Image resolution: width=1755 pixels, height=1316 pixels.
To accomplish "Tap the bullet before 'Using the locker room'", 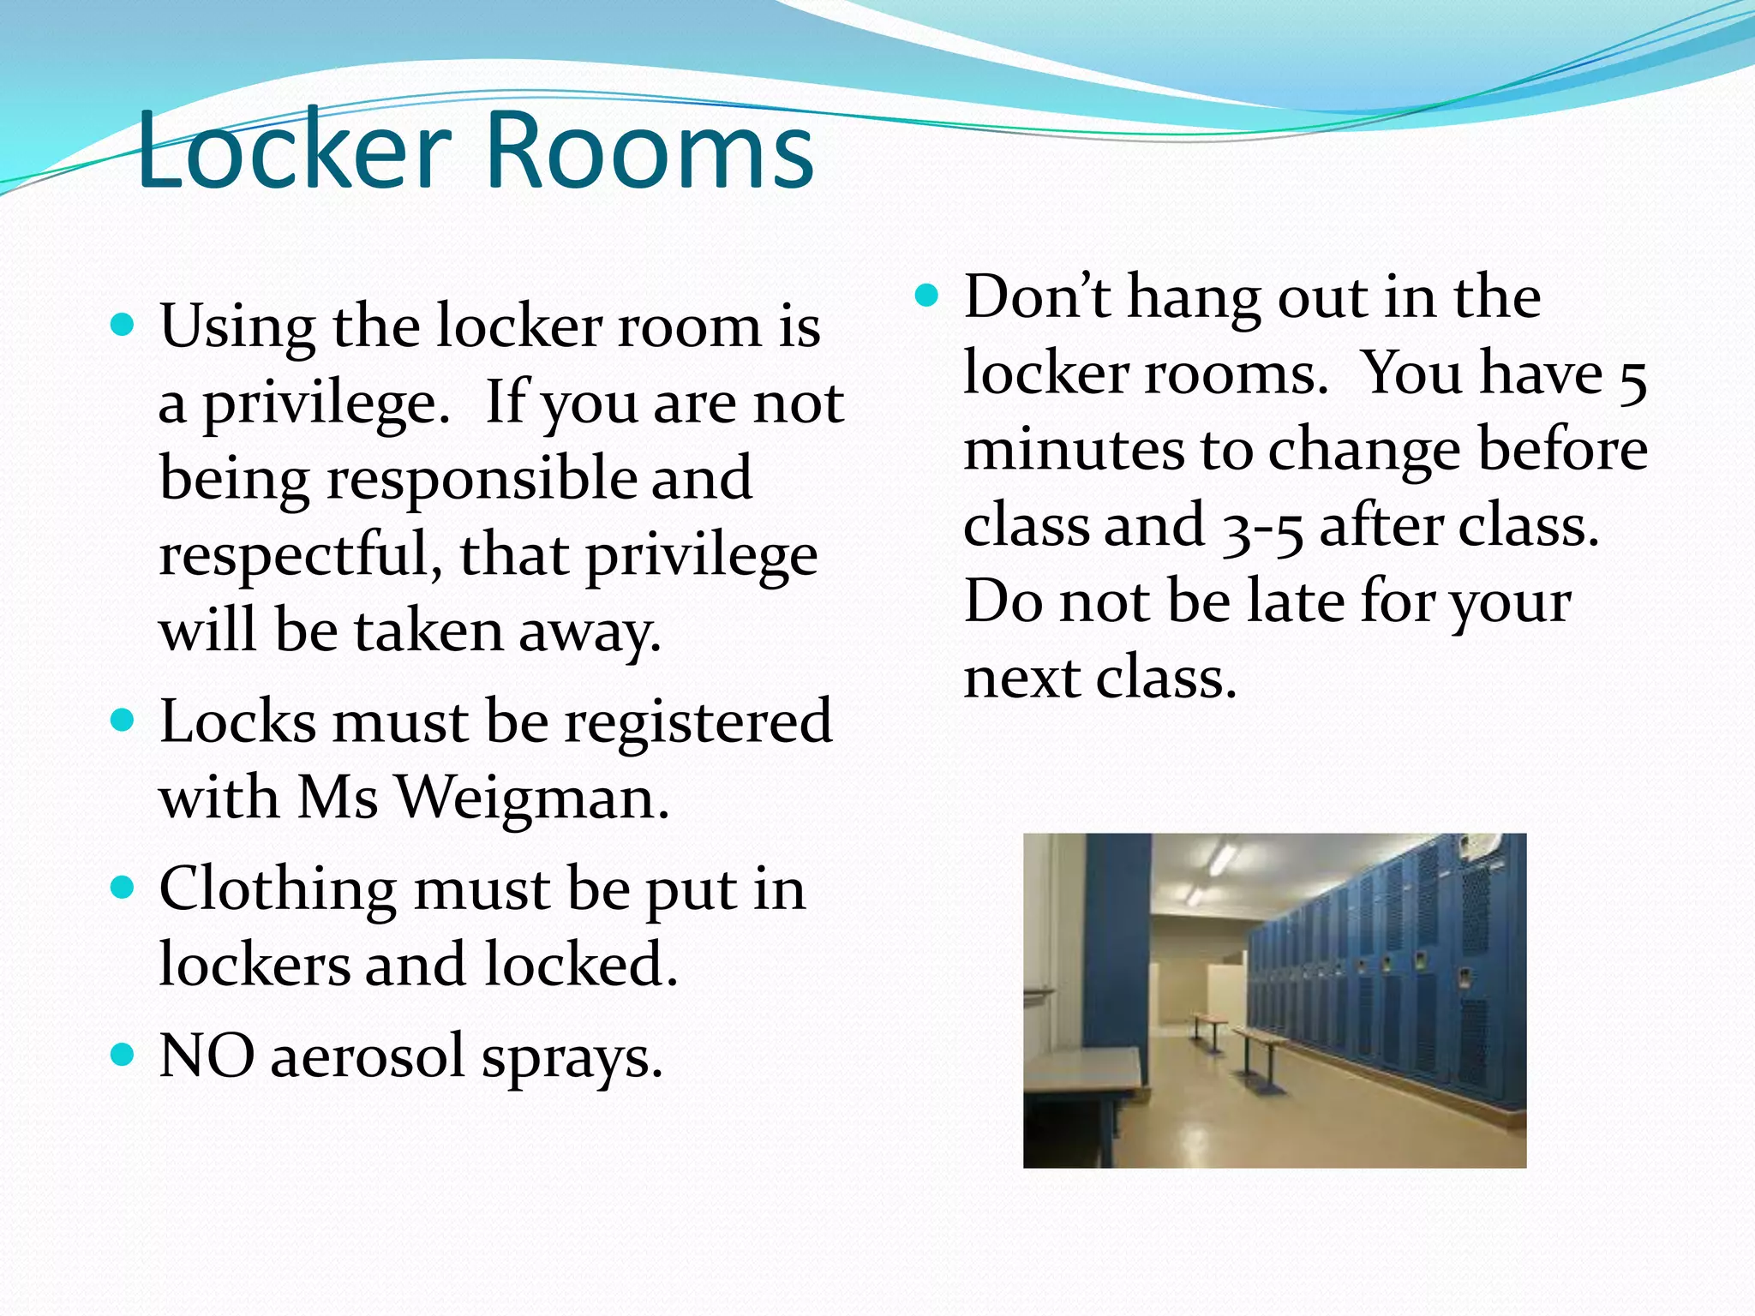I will (123, 326).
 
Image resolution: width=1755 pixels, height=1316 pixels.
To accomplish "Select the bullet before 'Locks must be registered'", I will (123, 721).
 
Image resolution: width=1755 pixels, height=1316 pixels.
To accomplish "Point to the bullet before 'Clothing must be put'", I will (123, 888).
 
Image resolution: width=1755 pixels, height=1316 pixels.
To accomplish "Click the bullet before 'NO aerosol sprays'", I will (123, 1055).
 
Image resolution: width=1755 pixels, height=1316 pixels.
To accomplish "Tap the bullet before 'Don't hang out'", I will (927, 296).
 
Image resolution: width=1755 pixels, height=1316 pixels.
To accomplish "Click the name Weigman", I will (531, 799).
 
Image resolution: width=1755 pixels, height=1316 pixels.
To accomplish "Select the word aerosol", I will (368, 1056).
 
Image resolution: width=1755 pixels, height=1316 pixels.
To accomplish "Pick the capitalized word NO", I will (207, 1056).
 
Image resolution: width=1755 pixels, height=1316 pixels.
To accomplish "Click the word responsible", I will (481, 478).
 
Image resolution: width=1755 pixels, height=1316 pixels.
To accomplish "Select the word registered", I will (698, 721).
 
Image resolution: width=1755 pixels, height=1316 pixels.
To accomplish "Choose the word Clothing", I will (278, 889).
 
